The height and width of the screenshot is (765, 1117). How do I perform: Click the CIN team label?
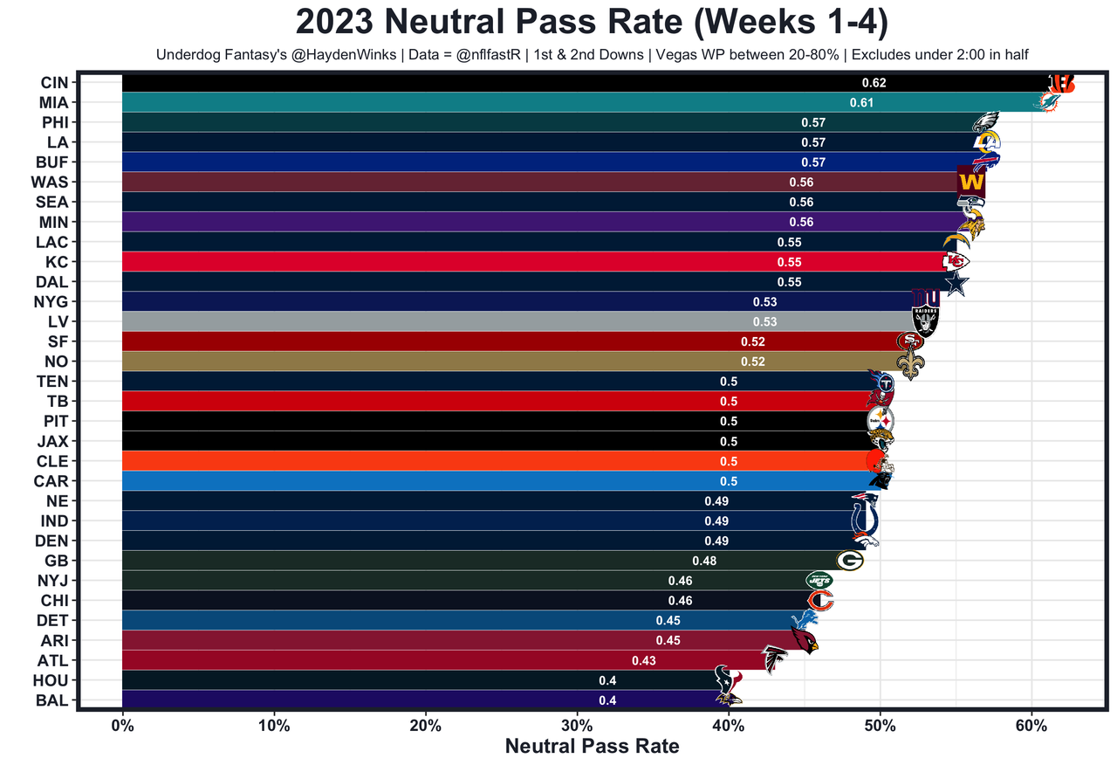54,83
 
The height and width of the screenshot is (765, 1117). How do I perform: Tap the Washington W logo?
971,183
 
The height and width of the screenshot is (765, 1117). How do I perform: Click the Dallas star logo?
957,283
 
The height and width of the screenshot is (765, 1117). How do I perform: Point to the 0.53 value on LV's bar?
764,322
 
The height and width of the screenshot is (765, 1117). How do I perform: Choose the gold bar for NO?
436,362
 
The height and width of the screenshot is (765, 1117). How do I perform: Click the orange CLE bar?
436,461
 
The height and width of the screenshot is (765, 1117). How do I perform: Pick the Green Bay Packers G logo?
849,561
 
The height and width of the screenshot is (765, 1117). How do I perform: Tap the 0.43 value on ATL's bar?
643,661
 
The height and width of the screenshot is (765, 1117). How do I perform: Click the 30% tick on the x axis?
577,727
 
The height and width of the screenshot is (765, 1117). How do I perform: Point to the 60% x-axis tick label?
1031,727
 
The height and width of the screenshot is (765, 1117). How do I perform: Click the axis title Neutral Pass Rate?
592,747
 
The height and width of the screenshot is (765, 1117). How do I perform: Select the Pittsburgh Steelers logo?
880,421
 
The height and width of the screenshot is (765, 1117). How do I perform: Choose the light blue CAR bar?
436,481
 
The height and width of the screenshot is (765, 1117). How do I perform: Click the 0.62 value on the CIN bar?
874,83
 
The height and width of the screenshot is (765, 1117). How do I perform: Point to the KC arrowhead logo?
955,261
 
